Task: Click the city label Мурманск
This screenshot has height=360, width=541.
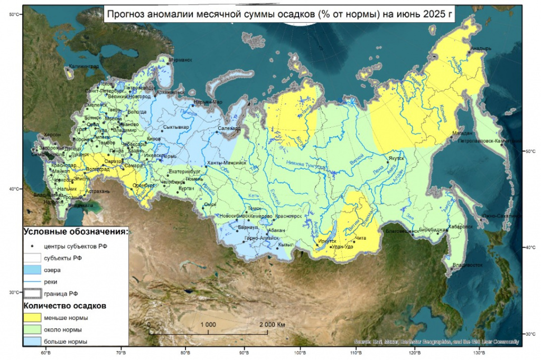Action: tap(181, 60)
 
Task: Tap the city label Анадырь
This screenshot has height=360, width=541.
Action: tap(481, 48)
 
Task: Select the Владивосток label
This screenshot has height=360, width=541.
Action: tap(466, 265)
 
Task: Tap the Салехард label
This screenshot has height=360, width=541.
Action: tap(229, 128)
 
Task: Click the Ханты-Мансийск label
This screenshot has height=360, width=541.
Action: tap(227, 163)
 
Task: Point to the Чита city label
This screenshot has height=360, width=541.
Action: tap(361, 239)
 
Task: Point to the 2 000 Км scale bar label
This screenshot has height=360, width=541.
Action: tap(272, 324)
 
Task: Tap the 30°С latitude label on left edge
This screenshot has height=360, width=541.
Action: tap(14, 292)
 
